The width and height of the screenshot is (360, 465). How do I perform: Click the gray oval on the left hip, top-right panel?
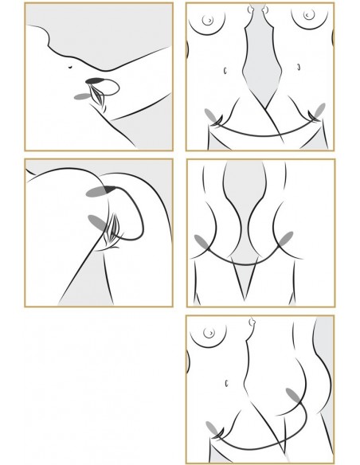point(211,117)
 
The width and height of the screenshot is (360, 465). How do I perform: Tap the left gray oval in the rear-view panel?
point(201,241)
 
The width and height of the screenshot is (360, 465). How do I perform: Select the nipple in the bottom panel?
point(211,333)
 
